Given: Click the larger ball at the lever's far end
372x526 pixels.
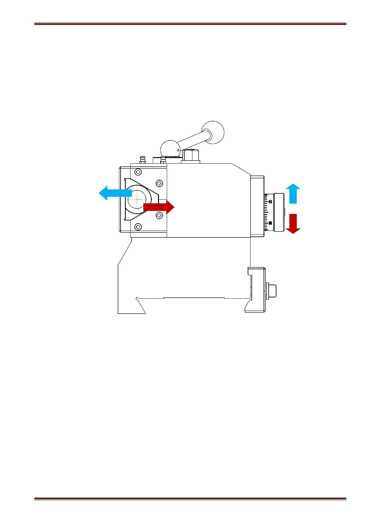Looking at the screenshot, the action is pyautogui.click(x=213, y=132).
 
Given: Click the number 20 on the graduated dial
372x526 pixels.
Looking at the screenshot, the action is pyautogui.click(x=270, y=201).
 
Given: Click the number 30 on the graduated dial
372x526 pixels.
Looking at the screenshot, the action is pyautogui.click(x=270, y=223).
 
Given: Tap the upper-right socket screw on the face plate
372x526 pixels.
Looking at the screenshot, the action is pyautogui.click(x=159, y=183).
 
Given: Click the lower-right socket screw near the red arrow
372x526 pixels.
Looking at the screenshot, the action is pyautogui.click(x=159, y=215).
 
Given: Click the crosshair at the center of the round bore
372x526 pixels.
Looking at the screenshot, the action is pyautogui.click(x=137, y=199).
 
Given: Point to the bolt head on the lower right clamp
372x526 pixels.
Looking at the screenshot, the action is pyautogui.click(x=272, y=290).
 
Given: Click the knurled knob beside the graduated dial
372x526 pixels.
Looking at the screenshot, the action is pyautogui.click(x=279, y=212).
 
